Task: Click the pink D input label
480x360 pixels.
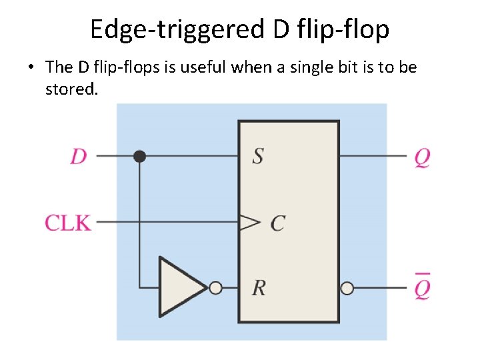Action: point(79,157)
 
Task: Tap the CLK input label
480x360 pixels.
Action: point(67,222)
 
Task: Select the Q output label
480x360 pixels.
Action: point(422,157)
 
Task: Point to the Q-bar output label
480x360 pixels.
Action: point(422,287)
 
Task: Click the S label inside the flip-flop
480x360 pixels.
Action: point(258,156)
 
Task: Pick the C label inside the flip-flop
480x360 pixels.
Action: point(277,223)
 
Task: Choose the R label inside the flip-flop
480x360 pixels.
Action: point(259,288)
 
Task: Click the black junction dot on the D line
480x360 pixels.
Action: point(139,156)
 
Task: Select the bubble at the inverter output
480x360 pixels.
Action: point(215,288)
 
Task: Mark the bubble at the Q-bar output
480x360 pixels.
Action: point(347,288)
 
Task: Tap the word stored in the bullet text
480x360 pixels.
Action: point(71,89)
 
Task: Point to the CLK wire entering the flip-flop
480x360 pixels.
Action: point(167,222)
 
